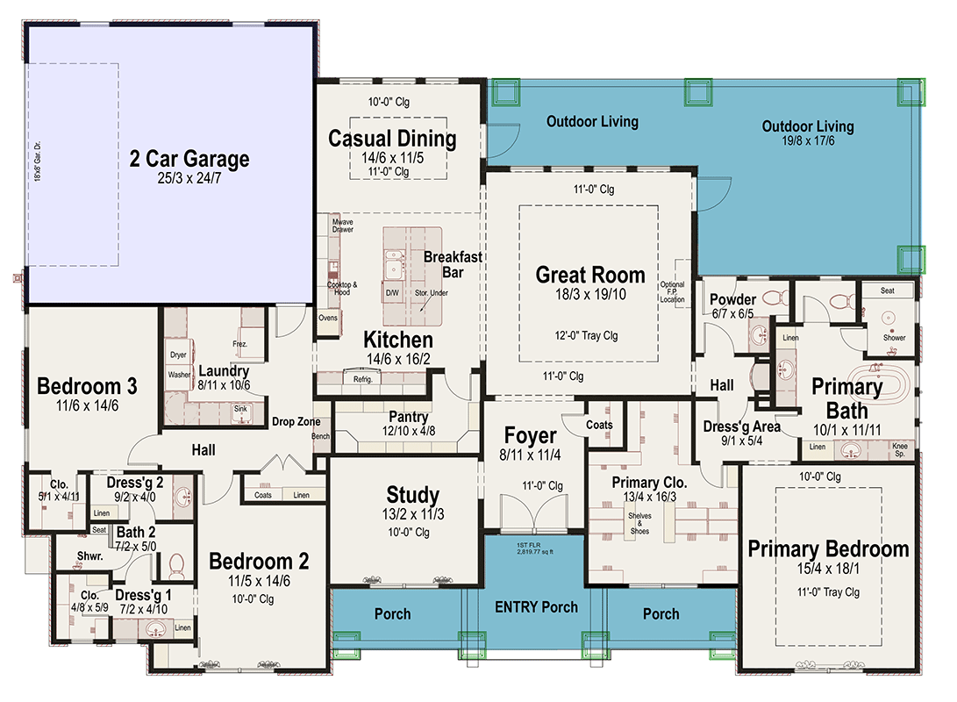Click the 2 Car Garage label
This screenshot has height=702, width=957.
pyautogui.click(x=189, y=159)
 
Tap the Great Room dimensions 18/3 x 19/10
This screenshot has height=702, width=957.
pyautogui.click(x=590, y=294)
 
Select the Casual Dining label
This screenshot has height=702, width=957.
pyautogui.click(x=392, y=139)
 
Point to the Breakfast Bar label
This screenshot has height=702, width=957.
pyautogui.click(x=453, y=264)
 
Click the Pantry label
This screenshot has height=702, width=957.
pyautogui.click(x=408, y=416)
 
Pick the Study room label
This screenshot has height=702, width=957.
pyautogui.click(x=412, y=494)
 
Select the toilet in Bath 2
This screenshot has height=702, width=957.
pyautogui.click(x=176, y=564)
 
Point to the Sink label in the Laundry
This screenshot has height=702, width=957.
pyautogui.click(x=240, y=409)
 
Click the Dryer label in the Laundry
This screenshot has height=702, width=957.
pyautogui.click(x=178, y=355)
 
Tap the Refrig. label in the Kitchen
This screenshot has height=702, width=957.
pyautogui.click(x=362, y=379)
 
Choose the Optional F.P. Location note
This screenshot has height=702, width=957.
pyautogui.click(x=672, y=292)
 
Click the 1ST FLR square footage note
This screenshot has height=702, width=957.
pyautogui.click(x=535, y=548)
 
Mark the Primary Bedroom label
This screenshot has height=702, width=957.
pyautogui.click(x=828, y=548)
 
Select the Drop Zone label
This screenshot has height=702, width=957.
pyautogui.click(x=296, y=421)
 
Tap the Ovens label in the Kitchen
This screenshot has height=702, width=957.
pyautogui.click(x=328, y=318)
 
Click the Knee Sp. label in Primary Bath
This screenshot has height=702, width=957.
pyautogui.click(x=900, y=450)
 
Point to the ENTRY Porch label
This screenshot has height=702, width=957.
pyautogui.click(x=536, y=606)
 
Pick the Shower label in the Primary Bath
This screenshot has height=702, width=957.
pyautogui.click(x=894, y=338)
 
